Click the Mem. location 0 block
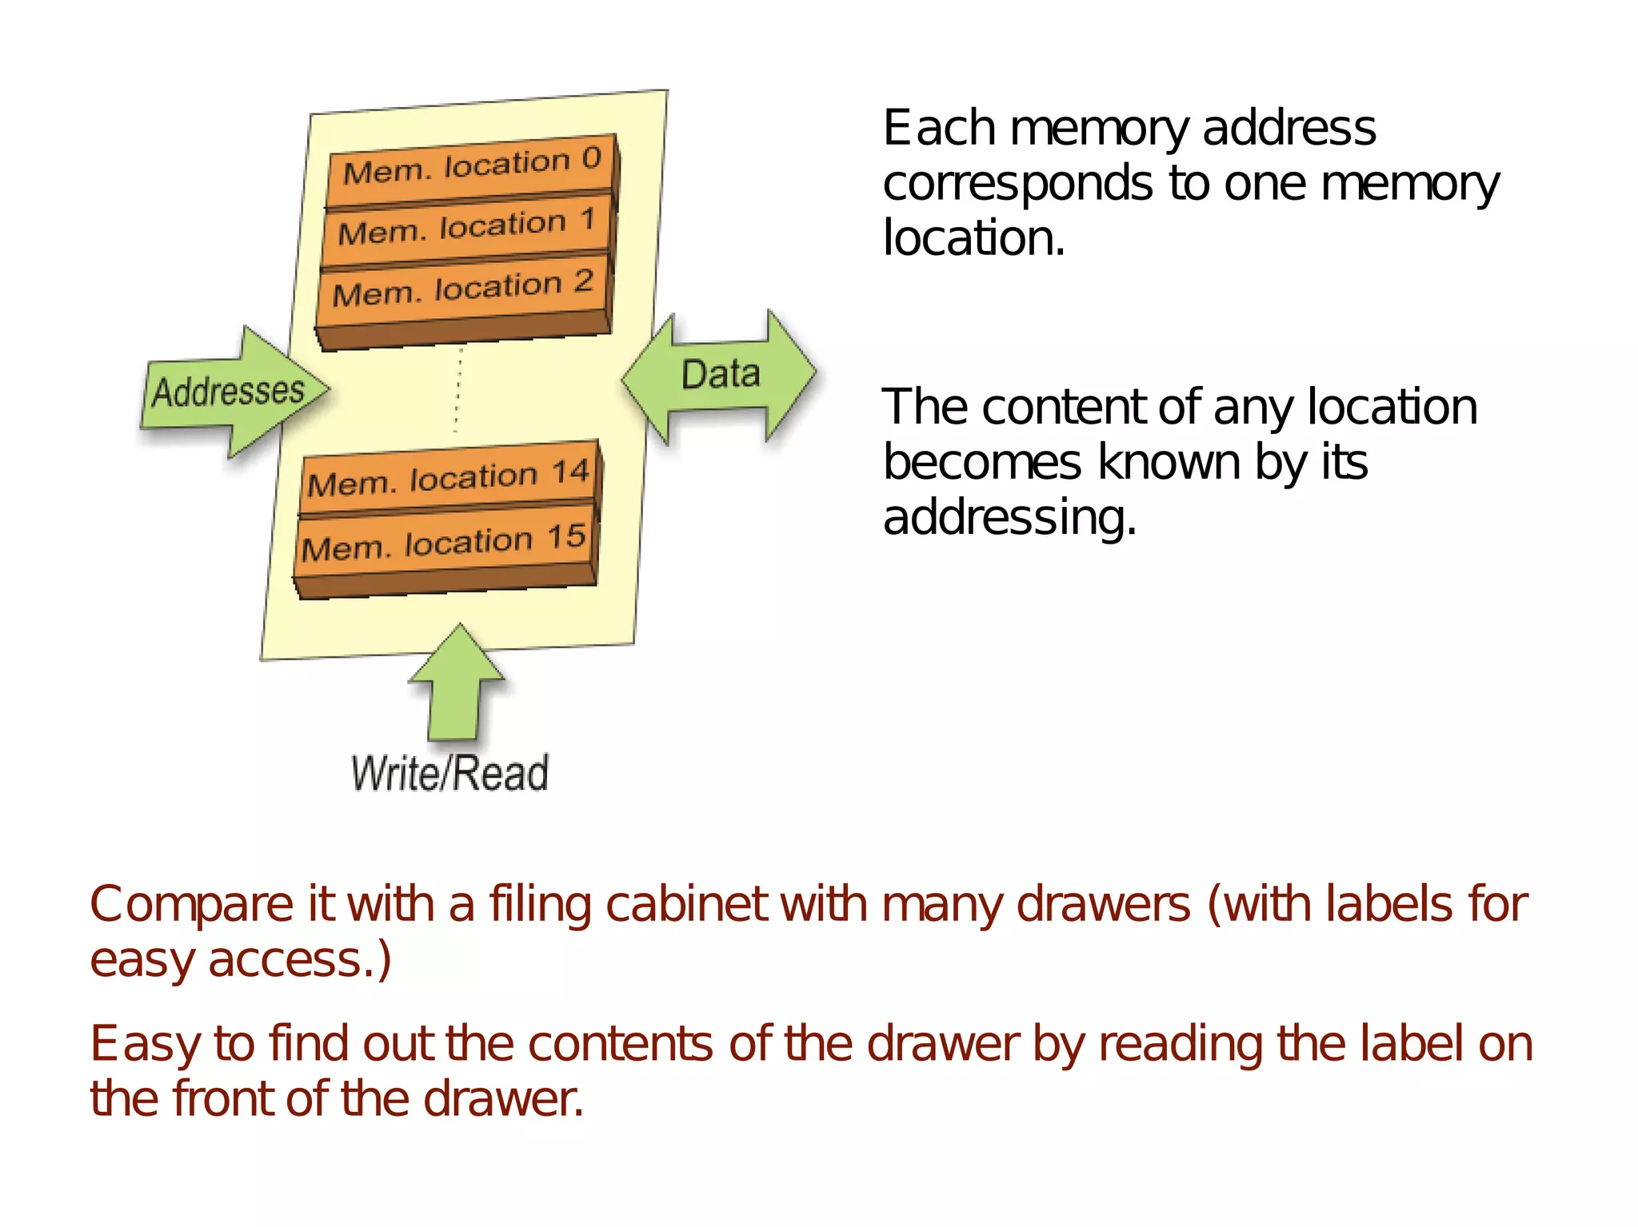point(472,166)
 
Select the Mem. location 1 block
point(467,227)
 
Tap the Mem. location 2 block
point(463,289)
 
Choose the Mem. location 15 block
point(445,543)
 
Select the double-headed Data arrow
point(720,375)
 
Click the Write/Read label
point(449,773)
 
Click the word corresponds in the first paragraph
point(1018,184)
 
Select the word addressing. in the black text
point(1009,517)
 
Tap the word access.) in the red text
point(300,960)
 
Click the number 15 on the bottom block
point(567,536)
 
